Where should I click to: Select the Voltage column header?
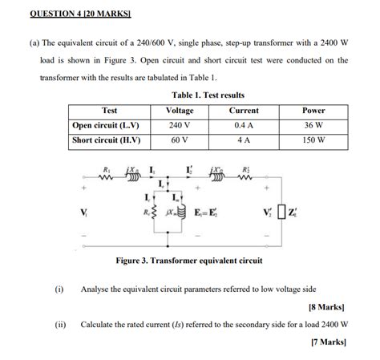[179, 111]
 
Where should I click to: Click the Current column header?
[243, 111]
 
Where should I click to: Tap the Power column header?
[313, 111]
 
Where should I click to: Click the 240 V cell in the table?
[179, 125]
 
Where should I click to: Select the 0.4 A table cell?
[243, 125]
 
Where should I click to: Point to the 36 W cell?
[313, 125]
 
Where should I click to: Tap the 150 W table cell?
[313, 140]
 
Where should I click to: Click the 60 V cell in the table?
[179, 140]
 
